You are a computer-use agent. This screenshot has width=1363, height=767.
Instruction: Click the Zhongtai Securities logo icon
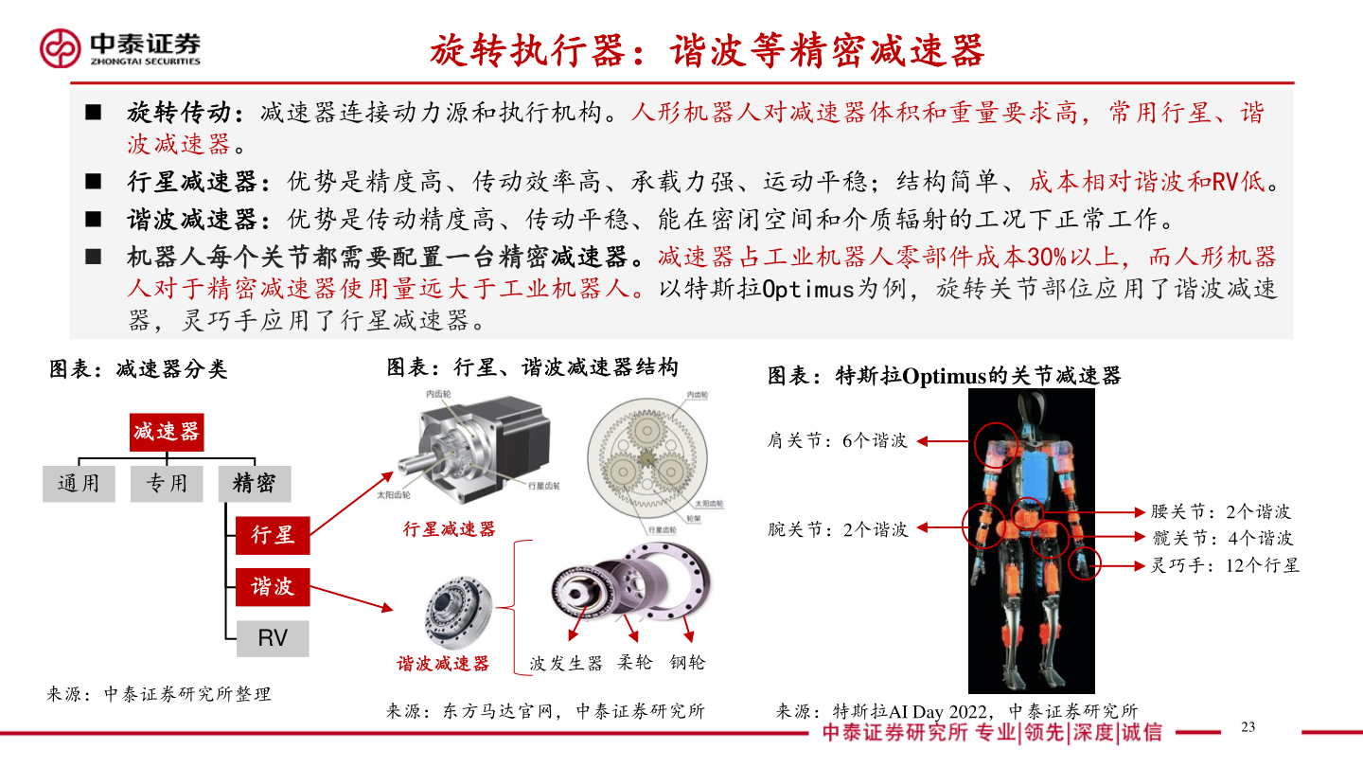point(60,47)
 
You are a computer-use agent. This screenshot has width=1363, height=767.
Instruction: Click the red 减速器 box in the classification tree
point(167,432)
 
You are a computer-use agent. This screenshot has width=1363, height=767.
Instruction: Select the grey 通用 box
point(79,483)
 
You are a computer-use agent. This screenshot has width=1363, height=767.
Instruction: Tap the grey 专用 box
point(167,483)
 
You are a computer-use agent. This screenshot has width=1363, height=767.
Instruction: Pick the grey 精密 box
point(254,483)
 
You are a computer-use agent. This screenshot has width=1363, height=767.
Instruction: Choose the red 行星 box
point(273,535)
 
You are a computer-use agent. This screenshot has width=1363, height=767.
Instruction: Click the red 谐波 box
point(273,587)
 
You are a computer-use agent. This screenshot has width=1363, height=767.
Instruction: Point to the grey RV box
point(273,638)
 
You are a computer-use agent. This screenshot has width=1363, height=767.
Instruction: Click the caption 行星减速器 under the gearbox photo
point(449,528)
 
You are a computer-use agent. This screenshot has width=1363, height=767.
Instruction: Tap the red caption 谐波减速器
point(443,664)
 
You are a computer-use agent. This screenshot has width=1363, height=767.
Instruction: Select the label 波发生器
point(566,663)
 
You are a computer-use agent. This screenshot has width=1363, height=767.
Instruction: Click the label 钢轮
point(687,663)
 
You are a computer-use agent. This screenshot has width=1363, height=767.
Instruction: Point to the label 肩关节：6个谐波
point(837,440)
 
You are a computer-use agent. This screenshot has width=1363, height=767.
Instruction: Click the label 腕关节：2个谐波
point(838,529)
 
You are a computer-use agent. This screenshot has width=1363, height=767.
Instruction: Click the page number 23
point(1248,727)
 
